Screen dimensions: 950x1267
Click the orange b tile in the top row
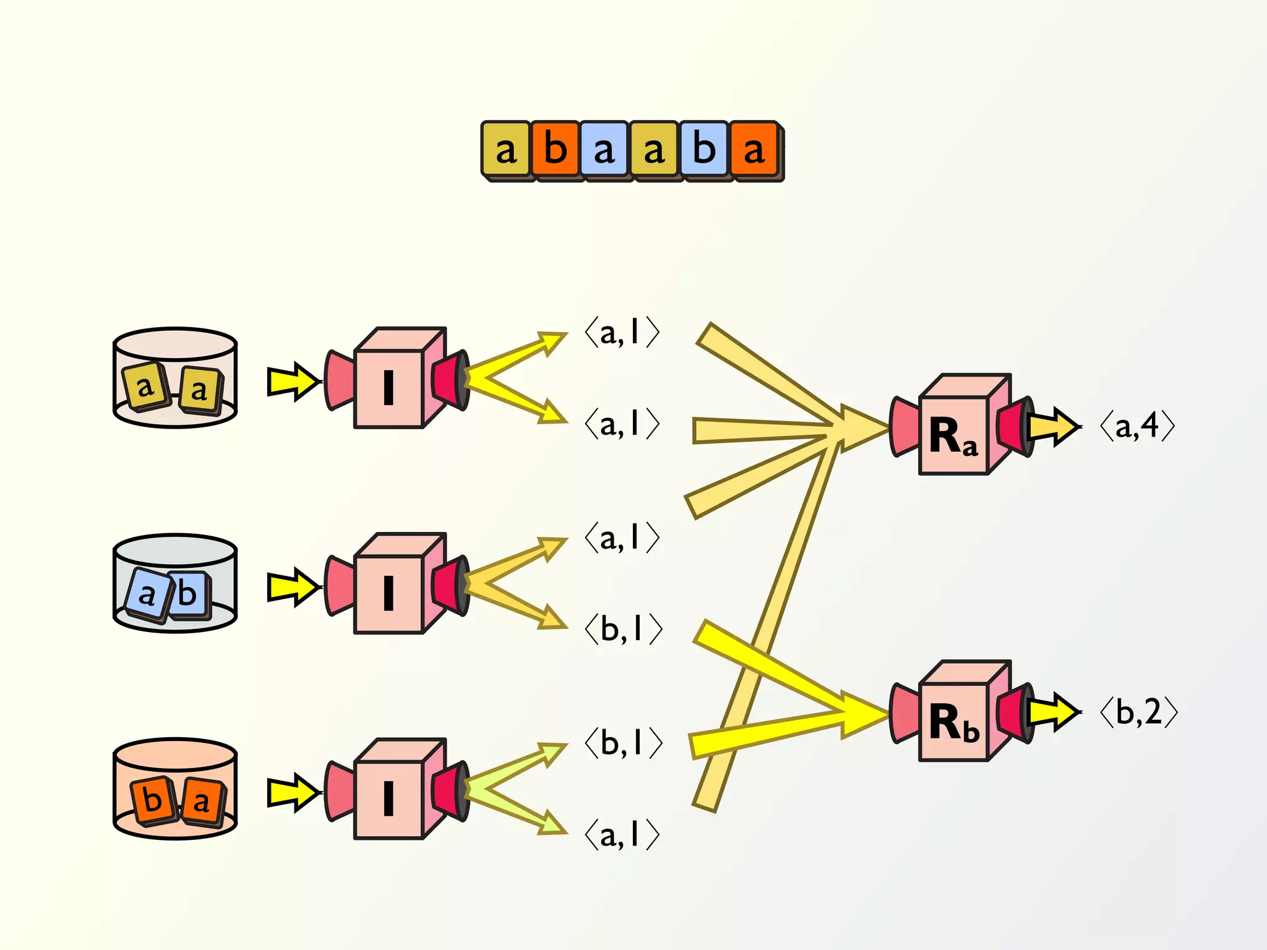(x=556, y=150)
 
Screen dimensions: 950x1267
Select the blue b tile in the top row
(x=704, y=150)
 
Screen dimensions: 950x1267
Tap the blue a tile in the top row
(x=604, y=150)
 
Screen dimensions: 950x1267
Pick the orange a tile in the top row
(x=754, y=150)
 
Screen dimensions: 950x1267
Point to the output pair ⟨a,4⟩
(x=1137, y=426)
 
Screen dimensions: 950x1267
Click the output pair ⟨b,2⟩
(x=1138, y=712)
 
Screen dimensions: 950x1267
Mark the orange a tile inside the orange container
(x=202, y=802)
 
